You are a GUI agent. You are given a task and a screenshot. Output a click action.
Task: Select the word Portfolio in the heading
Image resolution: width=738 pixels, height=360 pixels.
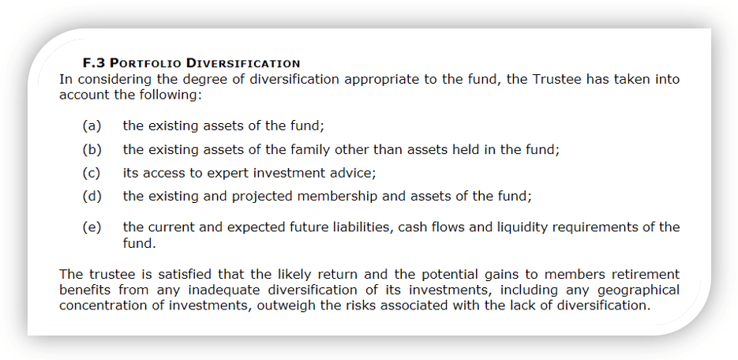click(144, 63)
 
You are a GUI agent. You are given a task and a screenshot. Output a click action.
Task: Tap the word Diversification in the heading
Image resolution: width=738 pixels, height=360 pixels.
click(243, 63)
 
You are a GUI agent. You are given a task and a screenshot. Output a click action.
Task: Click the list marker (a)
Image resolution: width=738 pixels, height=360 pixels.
click(92, 126)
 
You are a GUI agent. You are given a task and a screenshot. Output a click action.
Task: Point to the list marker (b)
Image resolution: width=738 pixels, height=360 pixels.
click(92, 150)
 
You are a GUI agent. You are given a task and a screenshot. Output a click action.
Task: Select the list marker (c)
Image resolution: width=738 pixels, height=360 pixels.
click(92, 173)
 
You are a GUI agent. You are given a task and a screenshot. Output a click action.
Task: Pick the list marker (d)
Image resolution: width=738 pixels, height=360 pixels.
click(92, 197)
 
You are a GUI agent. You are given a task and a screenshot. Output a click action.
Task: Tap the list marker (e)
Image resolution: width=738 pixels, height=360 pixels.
click(92, 228)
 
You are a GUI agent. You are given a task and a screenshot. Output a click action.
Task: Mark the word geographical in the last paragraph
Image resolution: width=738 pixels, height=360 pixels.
click(642, 290)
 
